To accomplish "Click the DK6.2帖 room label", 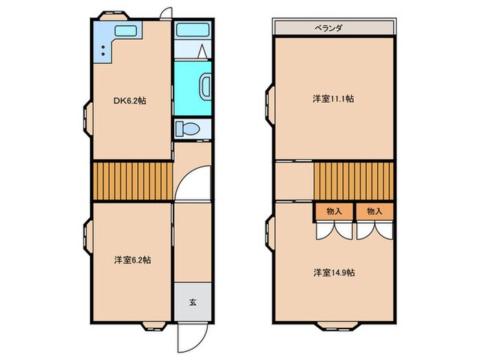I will click(130, 101).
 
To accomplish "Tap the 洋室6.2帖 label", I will click(132, 261).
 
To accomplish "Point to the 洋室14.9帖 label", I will click(334, 272).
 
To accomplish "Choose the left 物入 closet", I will click(334, 212).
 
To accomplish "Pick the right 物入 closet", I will click(374, 212).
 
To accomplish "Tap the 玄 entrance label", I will click(193, 302).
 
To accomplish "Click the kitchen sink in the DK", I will click(125, 31).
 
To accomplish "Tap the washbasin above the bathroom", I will click(187, 30).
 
